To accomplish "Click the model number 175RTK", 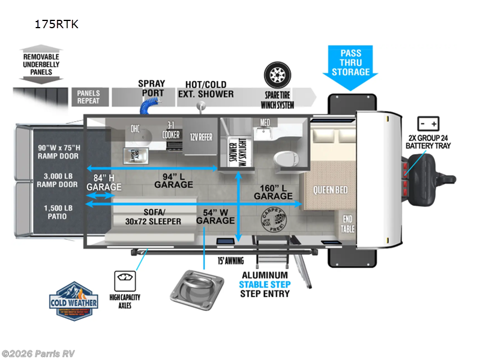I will [x=57, y=25].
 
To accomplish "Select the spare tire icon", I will [x=277, y=76].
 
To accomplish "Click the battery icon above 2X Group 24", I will [x=428, y=124].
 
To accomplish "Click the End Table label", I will [x=348, y=224].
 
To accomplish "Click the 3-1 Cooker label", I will [x=171, y=131].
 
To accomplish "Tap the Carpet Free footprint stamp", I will [x=272, y=220].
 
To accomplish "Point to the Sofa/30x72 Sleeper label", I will [x=153, y=217].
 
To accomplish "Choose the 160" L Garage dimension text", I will [x=273, y=191].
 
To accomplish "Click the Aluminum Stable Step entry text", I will [x=265, y=284].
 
